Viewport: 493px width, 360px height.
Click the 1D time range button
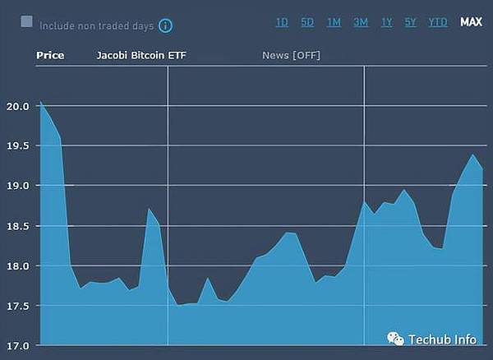click(x=282, y=22)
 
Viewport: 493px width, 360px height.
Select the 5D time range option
click(x=307, y=22)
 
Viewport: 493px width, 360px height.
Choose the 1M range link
click(x=334, y=22)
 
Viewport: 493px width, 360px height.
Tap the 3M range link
click(x=361, y=22)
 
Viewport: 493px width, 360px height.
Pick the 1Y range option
click(x=386, y=22)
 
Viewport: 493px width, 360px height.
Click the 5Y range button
click(x=411, y=22)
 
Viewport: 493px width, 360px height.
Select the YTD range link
click(x=438, y=22)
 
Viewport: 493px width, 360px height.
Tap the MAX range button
click(x=472, y=22)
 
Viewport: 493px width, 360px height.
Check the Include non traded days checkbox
click(x=27, y=22)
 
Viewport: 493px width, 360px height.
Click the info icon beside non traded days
click(x=165, y=25)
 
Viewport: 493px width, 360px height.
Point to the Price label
click(x=50, y=55)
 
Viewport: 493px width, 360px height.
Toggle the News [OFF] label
click(x=291, y=55)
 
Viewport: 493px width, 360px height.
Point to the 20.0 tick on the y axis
click(x=18, y=106)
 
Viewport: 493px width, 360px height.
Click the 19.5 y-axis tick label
click(x=18, y=145)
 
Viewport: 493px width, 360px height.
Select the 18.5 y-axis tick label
click(x=18, y=226)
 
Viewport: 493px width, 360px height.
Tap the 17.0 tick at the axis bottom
click(x=18, y=345)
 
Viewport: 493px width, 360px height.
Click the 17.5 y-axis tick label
click(x=18, y=306)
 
